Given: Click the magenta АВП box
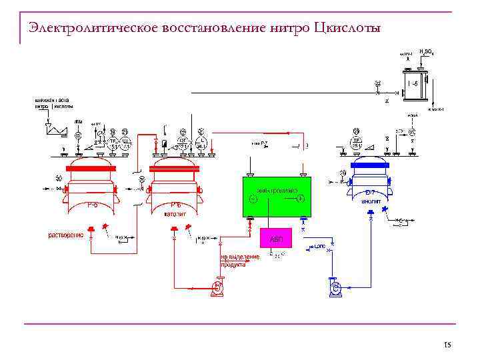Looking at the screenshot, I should tap(276, 238).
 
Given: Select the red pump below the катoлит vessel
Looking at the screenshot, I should tap(217, 287).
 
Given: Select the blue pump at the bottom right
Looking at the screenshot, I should tap(336, 287).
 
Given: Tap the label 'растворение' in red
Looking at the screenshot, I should tap(66, 235).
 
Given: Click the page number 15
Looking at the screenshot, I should tap(447, 345).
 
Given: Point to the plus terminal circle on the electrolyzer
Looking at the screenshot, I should tap(300, 199).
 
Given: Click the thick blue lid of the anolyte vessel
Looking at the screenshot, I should tap(370, 162).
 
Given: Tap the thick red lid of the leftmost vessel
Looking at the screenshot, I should tap(90, 168).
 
